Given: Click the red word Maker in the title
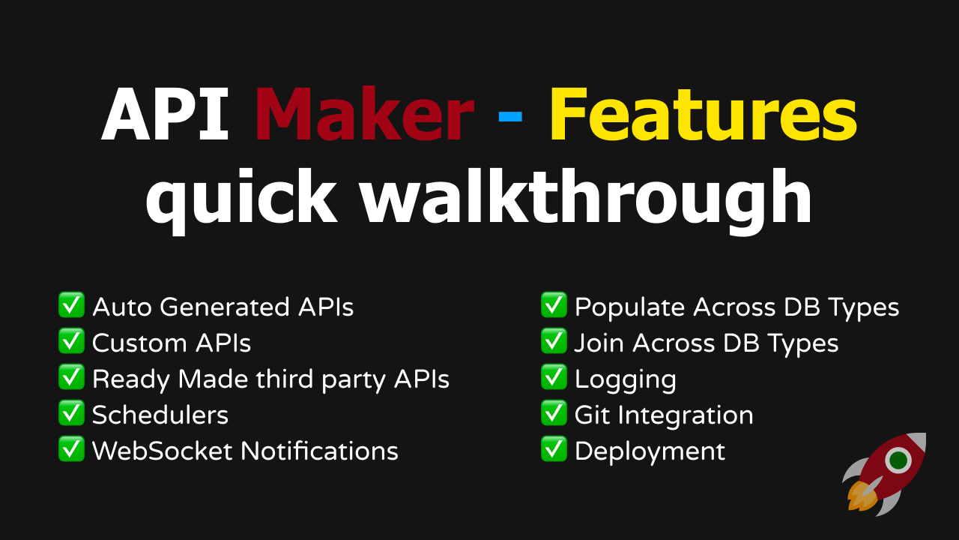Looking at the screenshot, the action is click(364, 113).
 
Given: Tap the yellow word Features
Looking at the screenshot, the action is click(704, 113).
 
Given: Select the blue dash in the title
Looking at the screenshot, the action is click(510, 116).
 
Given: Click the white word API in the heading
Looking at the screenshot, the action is click(165, 113).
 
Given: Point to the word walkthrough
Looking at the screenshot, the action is click(587, 200).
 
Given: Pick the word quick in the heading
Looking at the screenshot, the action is click(241, 200).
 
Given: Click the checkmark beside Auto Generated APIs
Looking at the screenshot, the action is click(71, 304).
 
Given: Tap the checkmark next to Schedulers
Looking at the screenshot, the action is click(71, 412).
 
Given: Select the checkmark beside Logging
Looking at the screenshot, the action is click(554, 376).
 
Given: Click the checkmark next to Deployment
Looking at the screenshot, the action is click(554, 448).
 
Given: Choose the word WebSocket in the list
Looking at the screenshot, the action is click(163, 451).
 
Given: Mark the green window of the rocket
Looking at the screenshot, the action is click(898, 460).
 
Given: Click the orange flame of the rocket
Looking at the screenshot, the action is click(862, 496).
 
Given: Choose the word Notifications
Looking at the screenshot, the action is click(319, 451).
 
